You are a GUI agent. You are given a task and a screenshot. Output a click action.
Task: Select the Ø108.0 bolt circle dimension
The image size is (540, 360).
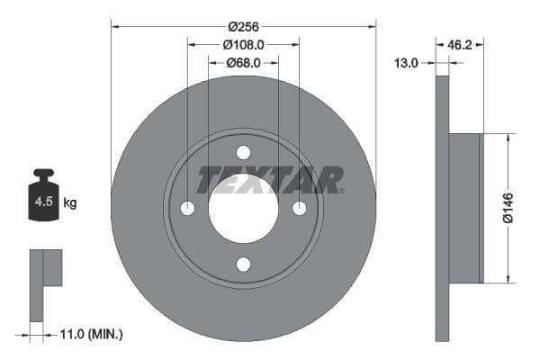(243, 42)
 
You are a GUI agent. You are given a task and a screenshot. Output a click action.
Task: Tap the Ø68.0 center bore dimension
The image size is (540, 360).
(243, 62)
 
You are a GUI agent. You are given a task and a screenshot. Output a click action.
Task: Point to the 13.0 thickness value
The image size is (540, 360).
(407, 62)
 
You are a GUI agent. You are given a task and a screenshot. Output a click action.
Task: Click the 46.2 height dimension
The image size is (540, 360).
(459, 42)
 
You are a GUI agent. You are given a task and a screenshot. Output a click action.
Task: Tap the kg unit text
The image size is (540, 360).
(70, 203)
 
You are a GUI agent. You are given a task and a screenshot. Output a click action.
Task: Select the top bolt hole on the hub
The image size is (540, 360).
(243, 153)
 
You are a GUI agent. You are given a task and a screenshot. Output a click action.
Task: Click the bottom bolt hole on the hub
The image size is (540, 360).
(243, 264)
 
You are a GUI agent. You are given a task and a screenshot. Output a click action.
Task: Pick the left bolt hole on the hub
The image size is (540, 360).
(187, 209)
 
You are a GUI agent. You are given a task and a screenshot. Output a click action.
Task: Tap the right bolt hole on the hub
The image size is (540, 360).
(299, 209)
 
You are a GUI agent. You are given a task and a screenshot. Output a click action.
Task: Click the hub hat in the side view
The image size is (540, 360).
(465, 207)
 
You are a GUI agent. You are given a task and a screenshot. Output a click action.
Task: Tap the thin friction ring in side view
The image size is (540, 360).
(442, 306)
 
